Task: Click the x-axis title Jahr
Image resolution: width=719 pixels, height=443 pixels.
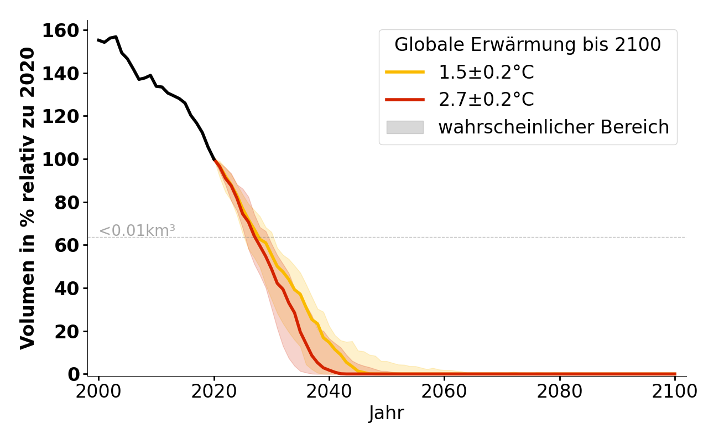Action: coord(387,414)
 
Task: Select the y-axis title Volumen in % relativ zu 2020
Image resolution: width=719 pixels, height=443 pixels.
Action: coord(28,198)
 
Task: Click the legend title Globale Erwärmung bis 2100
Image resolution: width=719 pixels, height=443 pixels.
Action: coord(528,45)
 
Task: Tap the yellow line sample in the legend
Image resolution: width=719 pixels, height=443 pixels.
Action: coord(405,72)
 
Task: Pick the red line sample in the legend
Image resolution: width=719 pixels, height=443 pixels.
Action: coord(405,100)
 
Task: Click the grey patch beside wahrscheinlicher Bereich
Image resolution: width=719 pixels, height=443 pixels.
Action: coord(405,127)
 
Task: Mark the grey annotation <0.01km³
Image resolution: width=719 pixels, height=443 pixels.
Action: coord(137,230)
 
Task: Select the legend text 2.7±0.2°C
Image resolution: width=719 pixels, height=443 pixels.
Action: coord(486,100)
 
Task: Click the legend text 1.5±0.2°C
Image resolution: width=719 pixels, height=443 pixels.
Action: coord(486,72)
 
